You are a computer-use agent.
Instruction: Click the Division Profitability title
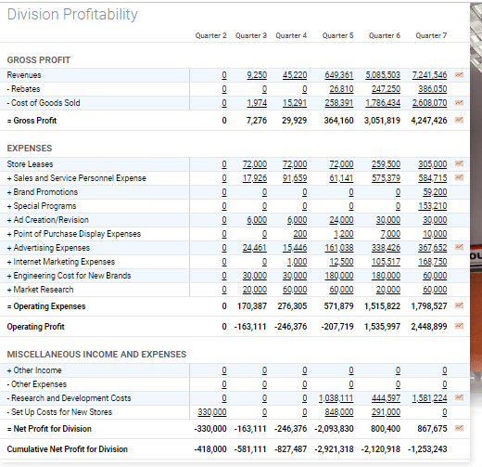(x=72, y=15)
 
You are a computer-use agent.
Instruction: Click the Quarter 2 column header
(x=211, y=35)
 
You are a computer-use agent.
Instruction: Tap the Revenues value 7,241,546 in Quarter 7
(x=428, y=74)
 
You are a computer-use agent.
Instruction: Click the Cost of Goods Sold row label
(x=44, y=103)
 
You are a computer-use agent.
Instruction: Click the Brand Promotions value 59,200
(x=434, y=192)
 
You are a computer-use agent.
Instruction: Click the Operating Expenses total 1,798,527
(x=427, y=305)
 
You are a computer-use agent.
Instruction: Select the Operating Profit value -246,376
(x=288, y=327)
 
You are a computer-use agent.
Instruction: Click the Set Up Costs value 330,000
(x=212, y=411)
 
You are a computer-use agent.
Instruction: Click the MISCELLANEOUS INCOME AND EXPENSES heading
(x=95, y=354)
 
